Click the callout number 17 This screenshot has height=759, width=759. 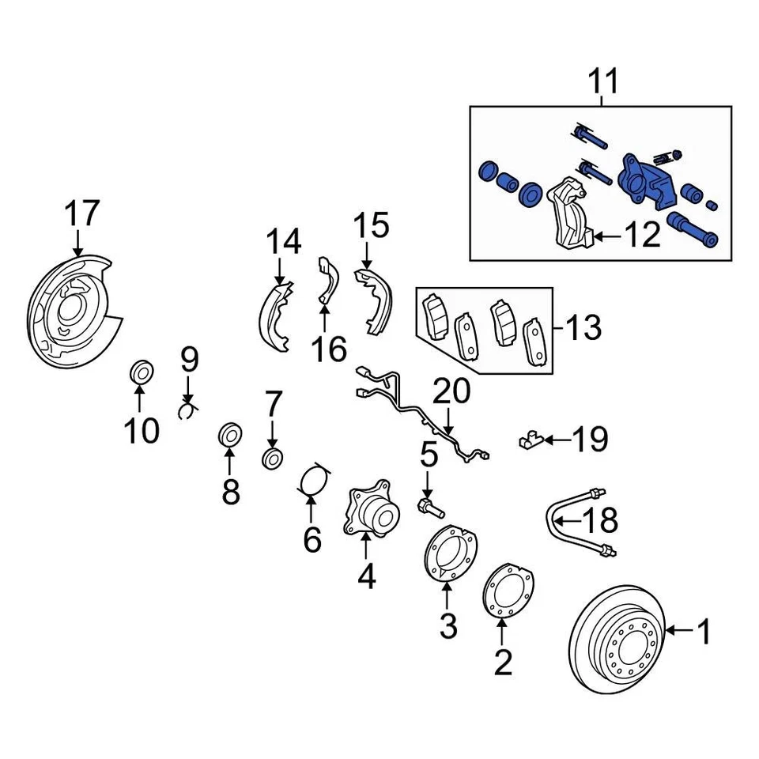(x=81, y=213)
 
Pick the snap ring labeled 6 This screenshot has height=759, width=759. (x=315, y=480)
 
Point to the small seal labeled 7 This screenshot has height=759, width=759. (x=272, y=458)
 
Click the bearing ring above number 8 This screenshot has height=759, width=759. (x=230, y=434)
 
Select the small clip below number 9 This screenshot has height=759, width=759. (x=188, y=409)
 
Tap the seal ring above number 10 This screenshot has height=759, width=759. (x=142, y=371)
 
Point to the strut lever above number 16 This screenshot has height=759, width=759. (x=327, y=281)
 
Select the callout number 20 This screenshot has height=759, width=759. (x=451, y=391)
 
